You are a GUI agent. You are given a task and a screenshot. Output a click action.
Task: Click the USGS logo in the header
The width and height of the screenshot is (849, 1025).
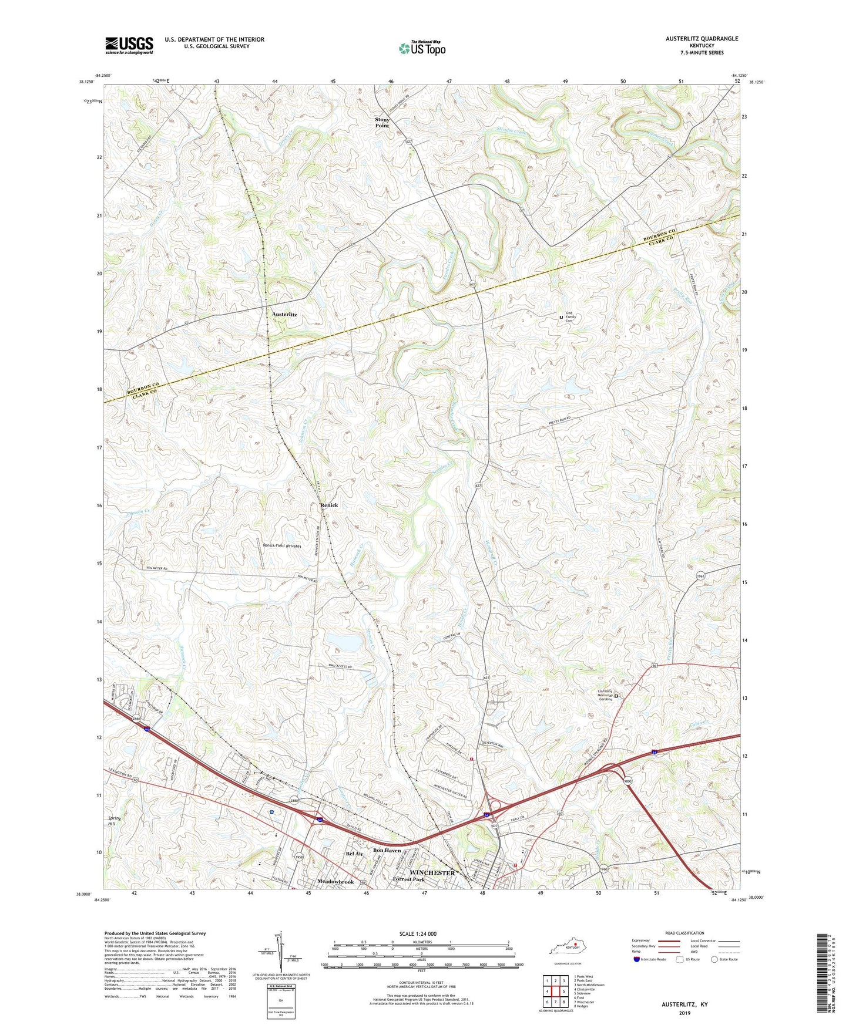pyautogui.click(x=129, y=45)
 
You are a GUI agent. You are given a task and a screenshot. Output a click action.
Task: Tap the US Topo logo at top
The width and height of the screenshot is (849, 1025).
pyautogui.click(x=421, y=48)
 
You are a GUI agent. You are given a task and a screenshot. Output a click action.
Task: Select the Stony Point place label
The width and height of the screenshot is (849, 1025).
pyautogui.click(x=382, y=122)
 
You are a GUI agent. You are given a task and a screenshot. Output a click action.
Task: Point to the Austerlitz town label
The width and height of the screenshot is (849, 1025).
pyautogui.click(x=284, y=315)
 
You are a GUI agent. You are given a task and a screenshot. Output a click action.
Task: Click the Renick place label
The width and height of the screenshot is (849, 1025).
pyautogui.click(x=329, y=505)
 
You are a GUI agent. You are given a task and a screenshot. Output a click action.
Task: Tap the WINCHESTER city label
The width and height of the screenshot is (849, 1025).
pyautogui.click(x=432, y=873)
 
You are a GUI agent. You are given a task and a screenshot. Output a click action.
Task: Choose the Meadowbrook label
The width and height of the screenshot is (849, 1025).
pyautogui.click(x=335, y=882)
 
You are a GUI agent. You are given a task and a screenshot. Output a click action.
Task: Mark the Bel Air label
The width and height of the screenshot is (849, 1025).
pyautogui.click(x=354, y=854)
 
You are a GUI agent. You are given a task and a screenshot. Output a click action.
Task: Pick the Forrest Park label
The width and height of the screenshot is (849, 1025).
pyautogui.click(x=409, y=879)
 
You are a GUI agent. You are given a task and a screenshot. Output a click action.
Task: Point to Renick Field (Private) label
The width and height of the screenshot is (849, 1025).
pyautogui.click(x=281, y=546)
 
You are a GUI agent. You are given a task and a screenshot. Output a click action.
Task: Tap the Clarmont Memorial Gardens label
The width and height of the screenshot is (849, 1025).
pyautogui.click(x=605, y=695)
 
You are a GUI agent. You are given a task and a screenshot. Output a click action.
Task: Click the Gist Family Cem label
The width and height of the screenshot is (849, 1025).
pyautogui.click(x=571, y=317)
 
